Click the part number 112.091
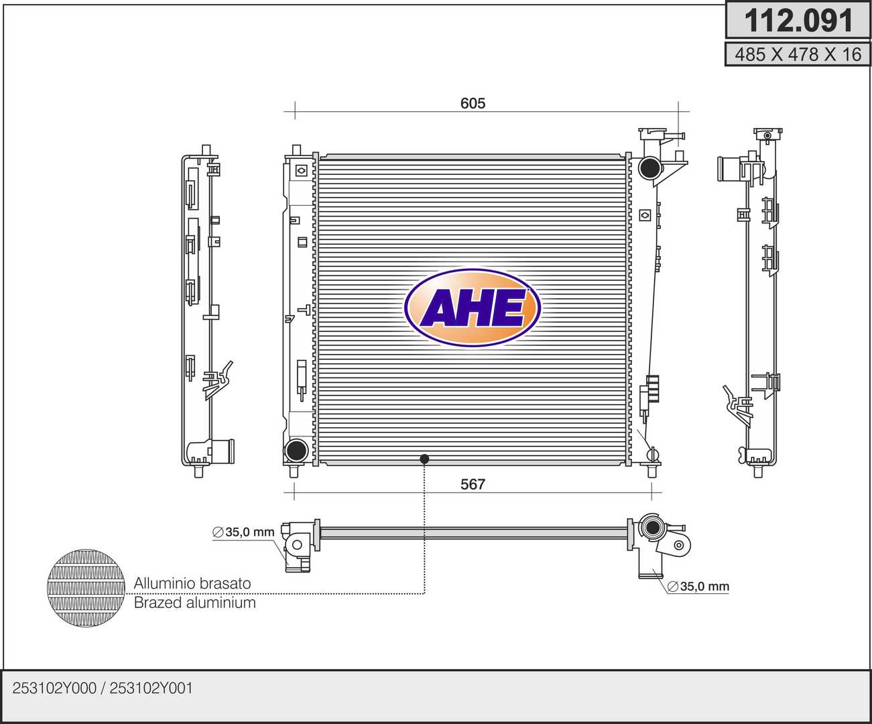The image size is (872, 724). [x=798, y=21]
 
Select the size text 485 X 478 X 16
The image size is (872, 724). [x=798, y=54]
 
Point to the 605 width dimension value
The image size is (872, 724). [x=473, y=103]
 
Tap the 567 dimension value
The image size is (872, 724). [x=473, y=484]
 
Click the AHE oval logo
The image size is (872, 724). [x=473, y=308]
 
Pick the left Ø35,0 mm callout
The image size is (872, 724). [x=243, y=532]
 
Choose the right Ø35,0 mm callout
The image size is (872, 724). [x=698, y=587]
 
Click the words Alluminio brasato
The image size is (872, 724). [x=192, y=583]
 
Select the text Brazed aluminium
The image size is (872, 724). [x=194, y=603]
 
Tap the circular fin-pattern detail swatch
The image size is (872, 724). [x=86, y=588]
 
